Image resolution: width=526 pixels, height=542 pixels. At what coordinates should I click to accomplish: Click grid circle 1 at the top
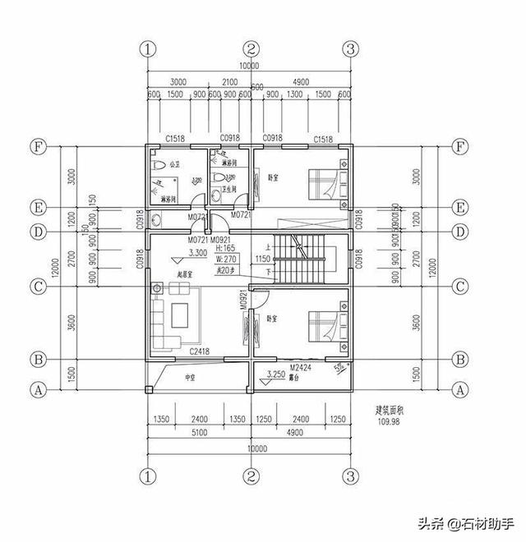(x=148, y=48)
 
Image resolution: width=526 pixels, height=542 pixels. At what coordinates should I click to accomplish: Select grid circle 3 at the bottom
(x=350, y=475)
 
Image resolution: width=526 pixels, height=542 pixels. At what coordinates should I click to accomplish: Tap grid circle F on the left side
(x=37, y=148)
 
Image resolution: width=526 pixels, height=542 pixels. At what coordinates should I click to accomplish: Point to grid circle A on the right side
(x=461, y=391)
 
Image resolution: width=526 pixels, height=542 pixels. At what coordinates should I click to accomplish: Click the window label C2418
(x=200, y=351)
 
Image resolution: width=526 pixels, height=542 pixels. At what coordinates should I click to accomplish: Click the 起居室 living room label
(x=185, y=274)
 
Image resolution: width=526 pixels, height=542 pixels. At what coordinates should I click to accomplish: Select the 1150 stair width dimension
(x=262, y=259)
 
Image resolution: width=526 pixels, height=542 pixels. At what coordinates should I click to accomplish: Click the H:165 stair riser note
(x=225, y=247)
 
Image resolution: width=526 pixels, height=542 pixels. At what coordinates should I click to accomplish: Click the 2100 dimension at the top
(x=230, y=83)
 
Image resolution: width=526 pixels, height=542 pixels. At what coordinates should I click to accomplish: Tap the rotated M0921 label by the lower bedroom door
(x=244, y=302)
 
